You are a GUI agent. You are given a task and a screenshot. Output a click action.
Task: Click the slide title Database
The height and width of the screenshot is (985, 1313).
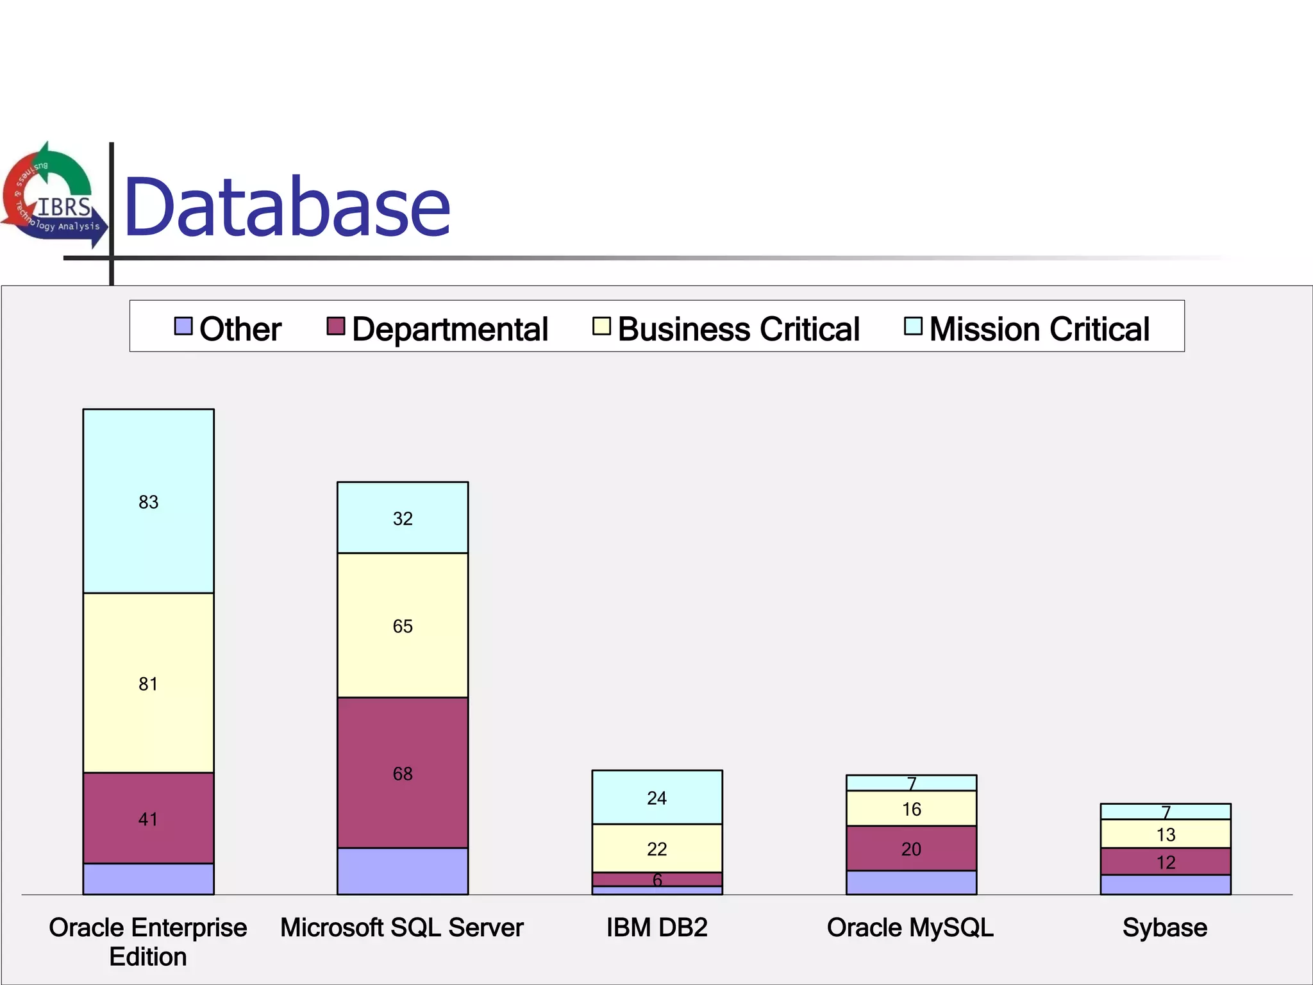coord(287,207)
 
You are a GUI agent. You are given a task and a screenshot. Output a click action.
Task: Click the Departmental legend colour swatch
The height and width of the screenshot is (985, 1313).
coord(335,326)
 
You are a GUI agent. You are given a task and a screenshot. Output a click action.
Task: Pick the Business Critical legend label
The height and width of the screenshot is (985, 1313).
coord(738,329)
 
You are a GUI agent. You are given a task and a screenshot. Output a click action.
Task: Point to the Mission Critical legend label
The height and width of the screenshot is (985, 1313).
coord(1039,329)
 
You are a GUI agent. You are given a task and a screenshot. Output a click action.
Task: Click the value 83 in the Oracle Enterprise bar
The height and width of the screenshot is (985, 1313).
coord(148,502)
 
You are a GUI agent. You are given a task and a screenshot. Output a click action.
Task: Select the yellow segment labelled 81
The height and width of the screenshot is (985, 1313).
coord(148,684)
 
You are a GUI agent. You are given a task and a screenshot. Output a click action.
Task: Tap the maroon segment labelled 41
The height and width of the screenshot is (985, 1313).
coord(148,819)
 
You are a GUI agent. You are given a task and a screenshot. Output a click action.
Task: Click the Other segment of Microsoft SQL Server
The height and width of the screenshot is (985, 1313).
coord(403,871)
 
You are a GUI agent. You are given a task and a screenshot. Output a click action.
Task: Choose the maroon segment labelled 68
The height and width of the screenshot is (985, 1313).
coord(403,773)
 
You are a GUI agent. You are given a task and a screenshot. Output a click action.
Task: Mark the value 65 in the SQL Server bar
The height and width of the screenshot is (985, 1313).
coord(403,626)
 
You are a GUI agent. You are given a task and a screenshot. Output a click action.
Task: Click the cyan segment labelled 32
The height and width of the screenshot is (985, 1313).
coord(403,518)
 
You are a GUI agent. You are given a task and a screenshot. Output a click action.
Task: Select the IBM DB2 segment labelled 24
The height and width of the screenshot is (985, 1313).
coord(656,798)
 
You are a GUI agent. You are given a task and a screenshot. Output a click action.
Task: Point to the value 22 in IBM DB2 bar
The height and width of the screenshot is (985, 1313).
coord(656,849)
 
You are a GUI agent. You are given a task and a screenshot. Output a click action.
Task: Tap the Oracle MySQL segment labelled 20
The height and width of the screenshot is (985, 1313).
coord(911,849)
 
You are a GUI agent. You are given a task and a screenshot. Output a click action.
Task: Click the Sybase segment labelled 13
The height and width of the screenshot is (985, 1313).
coord(1166,834)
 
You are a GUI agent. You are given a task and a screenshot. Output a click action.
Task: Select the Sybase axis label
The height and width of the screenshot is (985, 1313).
coord(1165,928)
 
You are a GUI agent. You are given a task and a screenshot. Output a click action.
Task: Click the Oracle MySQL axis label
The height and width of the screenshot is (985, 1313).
coord(910,928)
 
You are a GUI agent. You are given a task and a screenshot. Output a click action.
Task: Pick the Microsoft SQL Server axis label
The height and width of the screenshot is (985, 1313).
coord(402,928)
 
